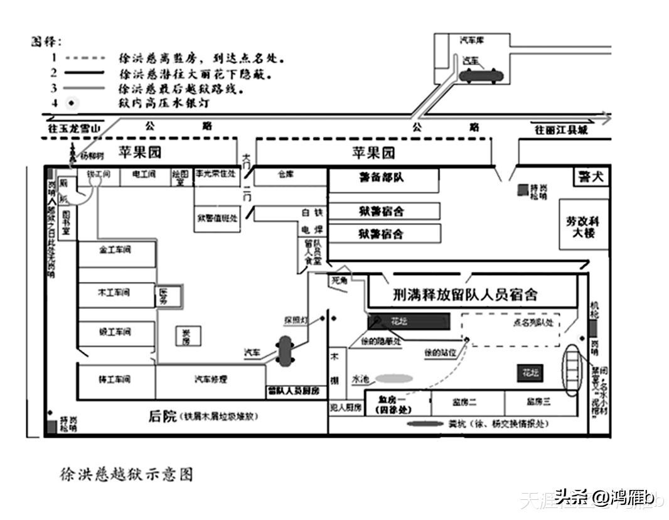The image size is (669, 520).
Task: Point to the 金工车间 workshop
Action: (x=116, y=251)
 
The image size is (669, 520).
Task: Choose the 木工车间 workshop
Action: (x=115, y=293)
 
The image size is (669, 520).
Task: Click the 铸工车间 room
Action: (x=115, y=379)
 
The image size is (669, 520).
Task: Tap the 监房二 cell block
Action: (x=466, y=402)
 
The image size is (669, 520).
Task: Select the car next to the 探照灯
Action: (x=286, y=350)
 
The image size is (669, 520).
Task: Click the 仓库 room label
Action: (x=286, y=175)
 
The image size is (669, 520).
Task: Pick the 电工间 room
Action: (x=144, y=175)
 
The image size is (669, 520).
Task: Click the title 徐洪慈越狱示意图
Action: (x=126, y=474)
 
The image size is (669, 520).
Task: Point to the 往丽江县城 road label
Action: (x=561, y=131)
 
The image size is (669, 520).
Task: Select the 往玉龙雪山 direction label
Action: (x=74, y=128)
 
